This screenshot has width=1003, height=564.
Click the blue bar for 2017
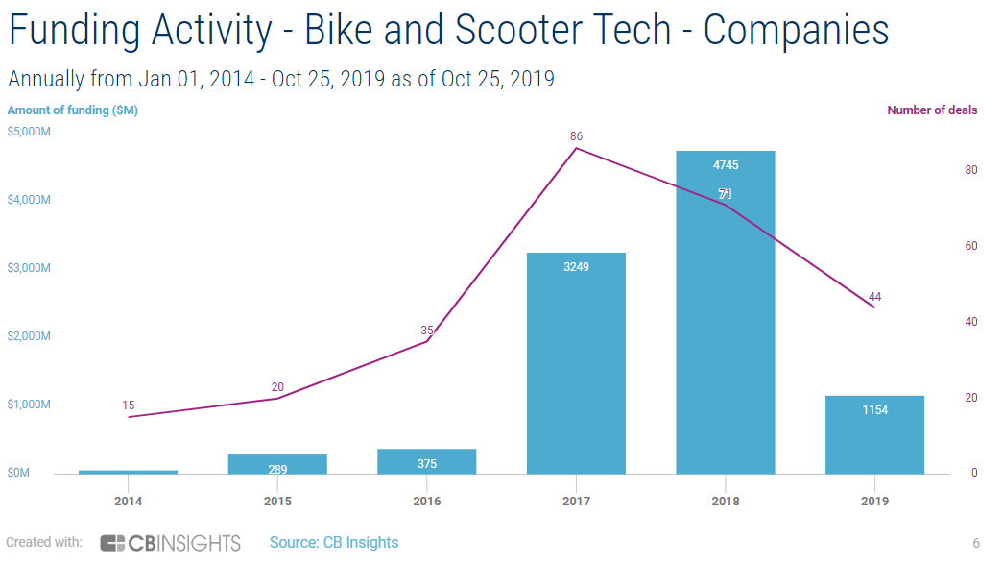pos(576,365)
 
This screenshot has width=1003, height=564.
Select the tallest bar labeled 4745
pos(725,317)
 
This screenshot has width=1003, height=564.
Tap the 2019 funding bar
pos(874,437)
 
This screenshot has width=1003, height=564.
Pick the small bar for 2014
pos(128,472)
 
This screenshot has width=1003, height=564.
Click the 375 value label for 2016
pos(427,464)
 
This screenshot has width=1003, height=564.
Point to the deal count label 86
pos(576,136)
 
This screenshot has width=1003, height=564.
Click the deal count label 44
pos(874,297)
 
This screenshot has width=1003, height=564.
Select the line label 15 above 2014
pos(129,405)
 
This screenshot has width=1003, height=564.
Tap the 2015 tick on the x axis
pos(277,501)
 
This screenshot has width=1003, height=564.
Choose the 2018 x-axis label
pos(725,501)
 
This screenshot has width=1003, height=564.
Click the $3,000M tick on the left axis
pos(29,268)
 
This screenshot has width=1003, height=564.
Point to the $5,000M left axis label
pos(29,132)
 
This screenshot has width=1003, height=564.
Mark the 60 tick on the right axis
pos(971,246)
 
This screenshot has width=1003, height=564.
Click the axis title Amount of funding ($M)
pos(73,110)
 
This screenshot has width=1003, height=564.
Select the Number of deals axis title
pos(932,110)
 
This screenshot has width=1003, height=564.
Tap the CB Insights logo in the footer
pos(170,543)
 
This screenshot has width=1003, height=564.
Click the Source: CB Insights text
pos(334,543)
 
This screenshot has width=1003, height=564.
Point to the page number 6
pos(976,543)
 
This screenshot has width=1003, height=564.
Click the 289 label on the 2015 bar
pos(277,470)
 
